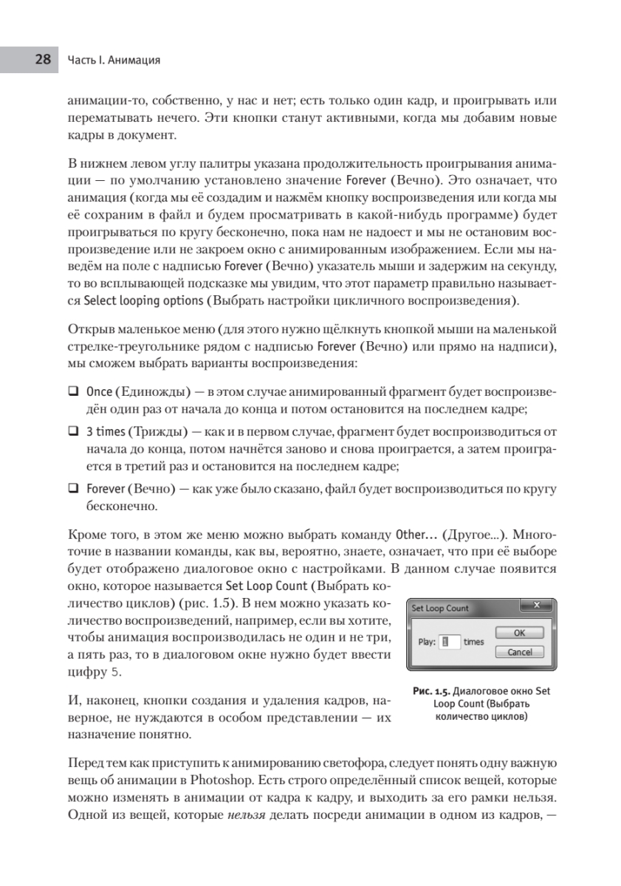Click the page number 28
[x=42, y=60]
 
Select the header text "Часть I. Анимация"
[x=114, y=60]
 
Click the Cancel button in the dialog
[x=519, y=652]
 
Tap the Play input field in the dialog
[x=450, y=642]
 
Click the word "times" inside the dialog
[x=473, y=642]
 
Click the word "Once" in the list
[x=99, y=390]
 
